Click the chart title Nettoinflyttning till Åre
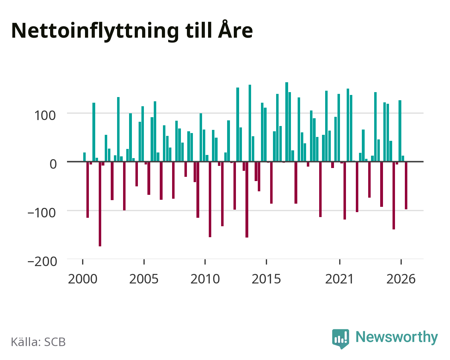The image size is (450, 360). [132, 31]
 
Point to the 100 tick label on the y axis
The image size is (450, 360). [45, 116]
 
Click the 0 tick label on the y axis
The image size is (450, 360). [53, 164]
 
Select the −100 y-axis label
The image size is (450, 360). [42, 213]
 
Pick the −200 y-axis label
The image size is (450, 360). [42, 262]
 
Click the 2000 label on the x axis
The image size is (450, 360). [83, 279]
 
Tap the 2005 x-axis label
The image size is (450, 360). [144, 279]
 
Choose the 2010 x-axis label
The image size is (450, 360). [205, 279]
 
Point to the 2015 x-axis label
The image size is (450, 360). [266, 279]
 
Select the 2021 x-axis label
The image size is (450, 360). [340, 279]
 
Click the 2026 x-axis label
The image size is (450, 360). [401, 279]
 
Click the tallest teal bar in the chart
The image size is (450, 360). [287, 122]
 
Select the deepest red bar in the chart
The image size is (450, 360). [100, 204]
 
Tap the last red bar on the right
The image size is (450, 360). [406, 185]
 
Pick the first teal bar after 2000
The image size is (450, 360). [85, 157]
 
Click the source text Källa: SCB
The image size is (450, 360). [38, 342]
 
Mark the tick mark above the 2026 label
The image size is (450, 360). [401, 262]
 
